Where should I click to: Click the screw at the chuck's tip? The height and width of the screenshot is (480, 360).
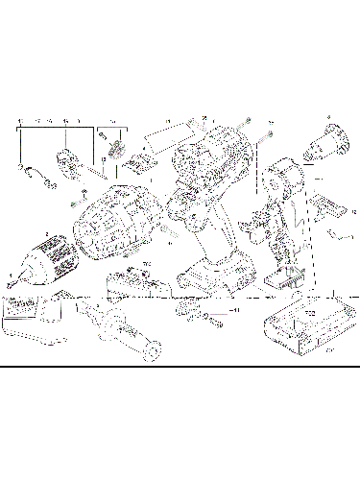coord(11,279)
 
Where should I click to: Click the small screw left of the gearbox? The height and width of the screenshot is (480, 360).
coord(71,203)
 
